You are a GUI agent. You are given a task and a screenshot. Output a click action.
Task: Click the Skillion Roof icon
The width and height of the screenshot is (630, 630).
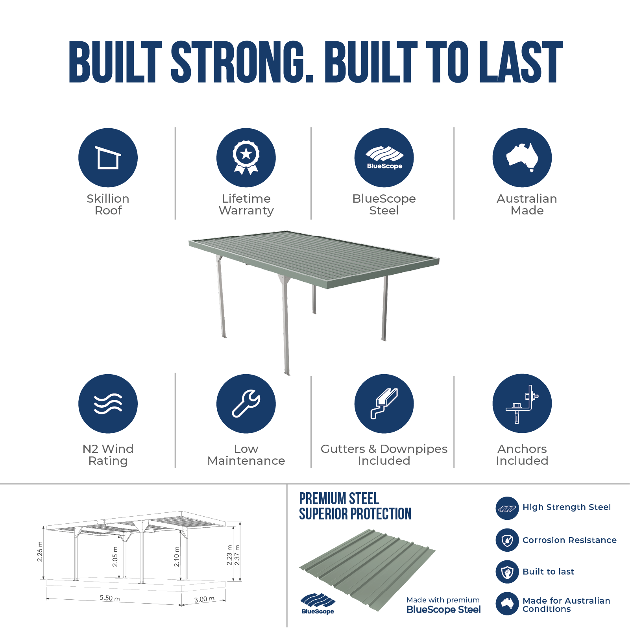pos(108,157)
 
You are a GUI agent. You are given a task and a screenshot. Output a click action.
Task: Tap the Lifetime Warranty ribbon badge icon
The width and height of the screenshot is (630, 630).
pos(246,157)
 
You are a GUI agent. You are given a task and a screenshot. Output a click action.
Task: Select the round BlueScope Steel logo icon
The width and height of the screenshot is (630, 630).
pos(384,157)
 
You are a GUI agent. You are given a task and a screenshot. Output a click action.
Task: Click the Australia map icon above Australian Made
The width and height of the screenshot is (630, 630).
pos(522,157)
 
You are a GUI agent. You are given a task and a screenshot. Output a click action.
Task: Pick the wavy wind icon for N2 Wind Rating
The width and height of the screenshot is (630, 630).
pos(108,404)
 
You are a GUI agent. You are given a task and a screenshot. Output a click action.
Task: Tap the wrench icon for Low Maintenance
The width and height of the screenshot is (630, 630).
pos(246,404)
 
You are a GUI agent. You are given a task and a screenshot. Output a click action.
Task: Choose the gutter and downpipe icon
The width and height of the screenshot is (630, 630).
pos(384,404)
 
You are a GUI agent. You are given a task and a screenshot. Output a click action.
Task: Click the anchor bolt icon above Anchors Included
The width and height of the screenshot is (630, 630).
pos(522,404)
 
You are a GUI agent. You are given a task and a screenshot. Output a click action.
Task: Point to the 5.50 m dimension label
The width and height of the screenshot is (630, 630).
pos(110,598)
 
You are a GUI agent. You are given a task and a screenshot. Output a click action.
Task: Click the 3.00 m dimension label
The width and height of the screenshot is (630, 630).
pos(204,599)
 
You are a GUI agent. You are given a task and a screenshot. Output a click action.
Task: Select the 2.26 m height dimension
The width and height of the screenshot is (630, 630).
pos(40,552)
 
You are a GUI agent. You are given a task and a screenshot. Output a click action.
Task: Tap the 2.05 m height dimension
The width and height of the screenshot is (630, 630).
pos(115,557)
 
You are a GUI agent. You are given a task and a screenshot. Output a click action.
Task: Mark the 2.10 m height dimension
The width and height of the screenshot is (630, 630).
pos(177,557)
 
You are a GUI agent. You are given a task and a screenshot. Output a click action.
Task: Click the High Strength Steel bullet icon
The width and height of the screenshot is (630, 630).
pos(507,508)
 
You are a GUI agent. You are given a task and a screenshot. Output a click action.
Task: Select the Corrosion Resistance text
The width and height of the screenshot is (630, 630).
pos(569,540)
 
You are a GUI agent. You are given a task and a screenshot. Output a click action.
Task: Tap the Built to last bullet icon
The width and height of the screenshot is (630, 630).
pos(507,572)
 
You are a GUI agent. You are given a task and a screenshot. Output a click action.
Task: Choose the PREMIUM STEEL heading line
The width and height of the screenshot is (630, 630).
pos(339,499)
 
